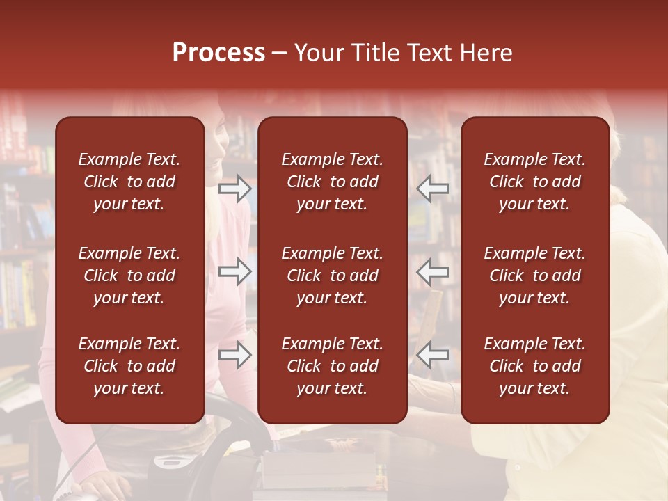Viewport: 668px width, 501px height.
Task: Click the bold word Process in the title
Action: coord(218,54)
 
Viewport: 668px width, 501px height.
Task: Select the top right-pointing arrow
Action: coord(235,189)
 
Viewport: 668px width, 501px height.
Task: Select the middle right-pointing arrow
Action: coord(235,271)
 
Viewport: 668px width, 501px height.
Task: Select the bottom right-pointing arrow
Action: coord(235,355)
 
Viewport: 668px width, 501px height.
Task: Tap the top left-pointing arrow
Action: coord(433,189)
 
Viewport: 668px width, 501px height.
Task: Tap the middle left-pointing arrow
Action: coord(433,271)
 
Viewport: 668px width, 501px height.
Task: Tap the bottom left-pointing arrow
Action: coord(433,355)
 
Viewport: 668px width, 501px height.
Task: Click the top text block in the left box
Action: coord(129,182)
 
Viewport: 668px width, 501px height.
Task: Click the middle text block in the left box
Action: coord(129,276)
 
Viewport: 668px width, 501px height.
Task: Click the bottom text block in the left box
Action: coord(129,366)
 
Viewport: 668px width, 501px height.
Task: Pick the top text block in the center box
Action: coord(333,182)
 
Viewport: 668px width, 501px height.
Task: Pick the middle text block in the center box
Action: coord(333,276)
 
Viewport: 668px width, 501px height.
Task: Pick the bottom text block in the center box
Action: coord(333,366)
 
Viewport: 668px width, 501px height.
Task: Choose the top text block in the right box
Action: coord(535,182)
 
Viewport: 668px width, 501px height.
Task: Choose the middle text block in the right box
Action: coord(535,276)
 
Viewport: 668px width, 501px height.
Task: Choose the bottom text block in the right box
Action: coord(535,366)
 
